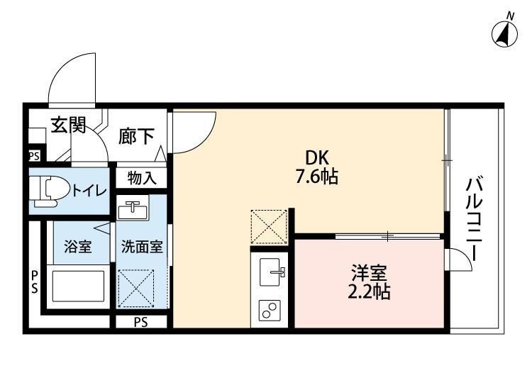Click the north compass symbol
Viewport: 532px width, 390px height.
coord(504,31)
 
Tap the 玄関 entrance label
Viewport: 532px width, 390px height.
coord(68,126)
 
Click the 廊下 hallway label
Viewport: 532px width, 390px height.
coord(135,135)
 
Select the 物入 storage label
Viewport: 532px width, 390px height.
coord(141,178)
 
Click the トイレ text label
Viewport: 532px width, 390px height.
coord(88,190)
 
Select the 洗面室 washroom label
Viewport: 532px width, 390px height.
coord(142,247)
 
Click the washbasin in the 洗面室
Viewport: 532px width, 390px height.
coord(133,211)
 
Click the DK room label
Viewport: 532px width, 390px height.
coord(316,157)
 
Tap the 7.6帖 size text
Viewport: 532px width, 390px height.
coord(316,177)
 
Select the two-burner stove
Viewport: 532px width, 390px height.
coord(271,310)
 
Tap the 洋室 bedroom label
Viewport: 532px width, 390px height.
coord(369,271)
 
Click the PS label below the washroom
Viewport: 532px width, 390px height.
coord(141,323)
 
